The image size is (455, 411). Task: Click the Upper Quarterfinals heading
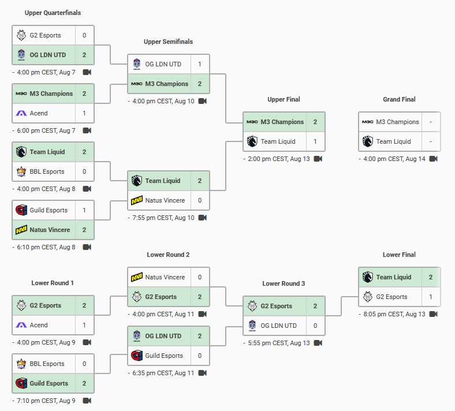pyautogui.click(x=53, y=13)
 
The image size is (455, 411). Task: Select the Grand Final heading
pyautogui.click(x=399, y=99)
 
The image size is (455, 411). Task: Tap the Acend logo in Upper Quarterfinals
pyautogui.click(x=21, y=113)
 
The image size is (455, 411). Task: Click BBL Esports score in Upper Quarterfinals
pyautogui.click(x=84, y=171)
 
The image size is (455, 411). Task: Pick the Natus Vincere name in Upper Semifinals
pyautogui.click(x=165, y=200)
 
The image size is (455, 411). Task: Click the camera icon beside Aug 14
pyautogui.click(x=434, y=159)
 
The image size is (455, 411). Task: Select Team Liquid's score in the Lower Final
pyautogui.click(x=431, y=277)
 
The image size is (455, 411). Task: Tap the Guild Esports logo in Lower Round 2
pyautogui.click(x=137, y=356)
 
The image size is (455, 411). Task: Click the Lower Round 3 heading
pyautogui.click(x=284, y=283)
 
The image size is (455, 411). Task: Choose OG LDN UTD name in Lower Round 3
pyautogui.click(x=279, y=326)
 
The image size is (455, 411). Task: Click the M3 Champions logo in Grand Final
pyautogui.click(x=368, y=122)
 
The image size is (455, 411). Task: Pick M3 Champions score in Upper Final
pyautogui.click(x=315, y=122)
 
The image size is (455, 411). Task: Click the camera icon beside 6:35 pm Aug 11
pyautogui.click(x=203, y=373)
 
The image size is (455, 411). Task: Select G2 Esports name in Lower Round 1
pyautogui.click(x=46, y=306)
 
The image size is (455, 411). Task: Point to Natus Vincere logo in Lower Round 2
pyautogui.click(x=137, y=277)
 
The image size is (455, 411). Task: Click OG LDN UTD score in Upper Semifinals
pyautogui.click(x=200, y=64)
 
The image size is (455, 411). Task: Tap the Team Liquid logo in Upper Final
pyautogui.click(x=252, y=141)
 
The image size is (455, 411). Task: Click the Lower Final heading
pyautogui.click(x=399, y=255)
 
